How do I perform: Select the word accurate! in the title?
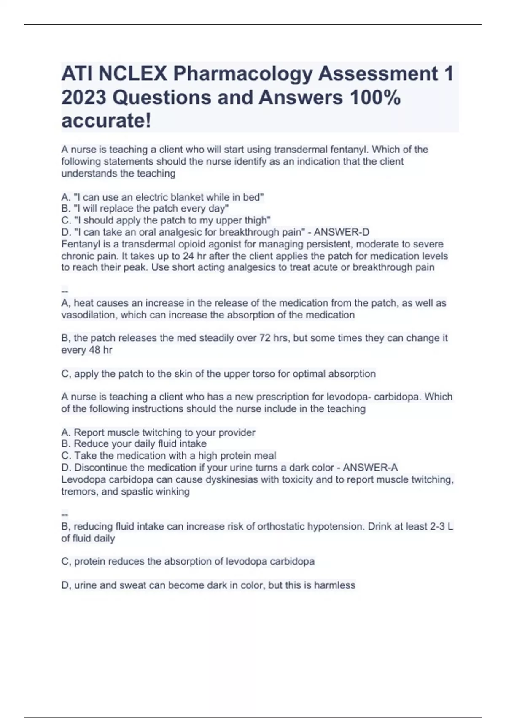(x=106, y=121)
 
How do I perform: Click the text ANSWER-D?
(x=342, y=232)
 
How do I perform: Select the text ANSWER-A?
(x=370, y=468)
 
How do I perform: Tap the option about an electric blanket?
(x=163, y=197)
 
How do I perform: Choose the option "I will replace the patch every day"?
(x=145, y=209)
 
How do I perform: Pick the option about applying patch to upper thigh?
(x=166, y=220)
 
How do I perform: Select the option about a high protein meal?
(x=169, y=456)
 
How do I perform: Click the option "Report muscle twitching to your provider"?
(x=159, y=432)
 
